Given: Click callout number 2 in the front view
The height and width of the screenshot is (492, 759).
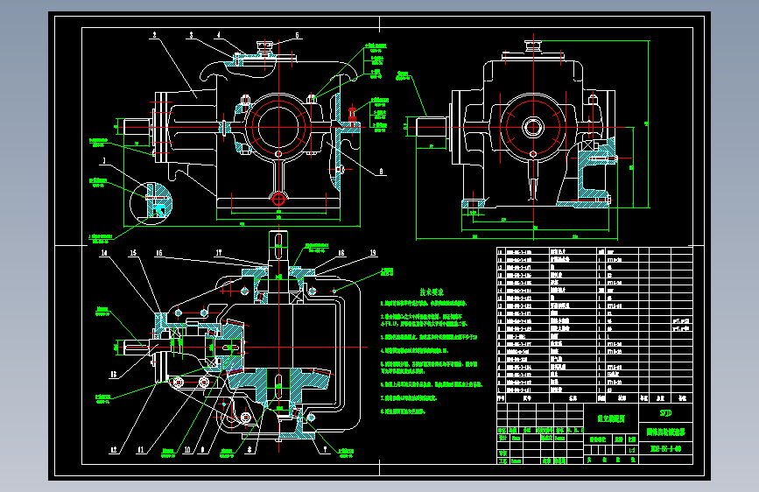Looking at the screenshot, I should [x=153, y=35].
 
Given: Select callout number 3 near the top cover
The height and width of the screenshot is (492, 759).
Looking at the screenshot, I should [x=190, y=35].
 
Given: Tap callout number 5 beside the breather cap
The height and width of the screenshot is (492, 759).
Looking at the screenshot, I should [x=296, y=35].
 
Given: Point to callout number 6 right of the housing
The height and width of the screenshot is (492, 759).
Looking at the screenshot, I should [x=383, y=172].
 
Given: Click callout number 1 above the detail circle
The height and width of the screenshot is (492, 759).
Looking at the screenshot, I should [x=103, y=161].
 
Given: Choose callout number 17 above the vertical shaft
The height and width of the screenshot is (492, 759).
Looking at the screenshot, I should [x=218, y=254].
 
